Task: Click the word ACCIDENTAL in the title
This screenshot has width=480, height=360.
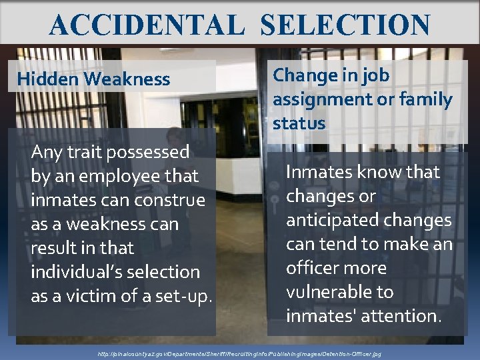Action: pos(147,25)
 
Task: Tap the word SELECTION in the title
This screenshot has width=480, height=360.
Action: pos(345,25)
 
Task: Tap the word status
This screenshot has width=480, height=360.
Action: pos(299,123)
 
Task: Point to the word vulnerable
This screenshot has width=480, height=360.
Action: pos(330,292)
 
